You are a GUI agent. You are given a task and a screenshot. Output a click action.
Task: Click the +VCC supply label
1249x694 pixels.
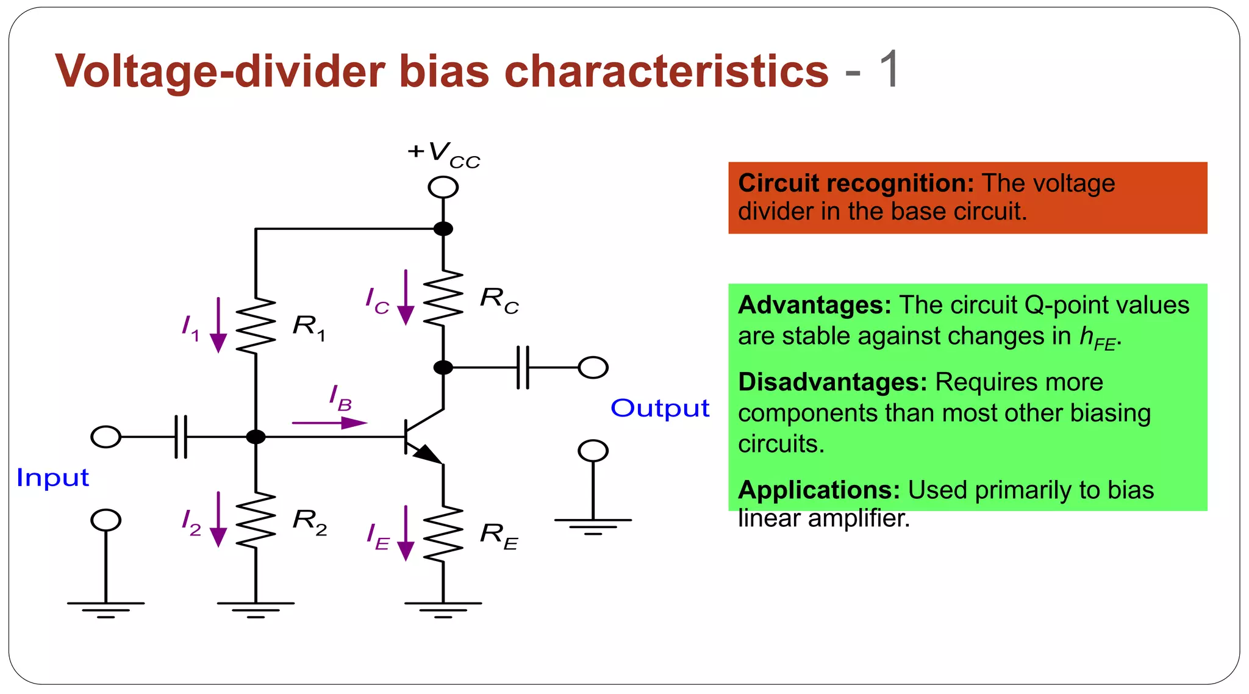[x=444, y=154]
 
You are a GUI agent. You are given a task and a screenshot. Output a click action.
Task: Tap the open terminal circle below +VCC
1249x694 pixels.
[x=443, y=187]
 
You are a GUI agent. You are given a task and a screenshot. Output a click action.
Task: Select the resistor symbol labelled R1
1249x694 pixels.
[x=256, y=326]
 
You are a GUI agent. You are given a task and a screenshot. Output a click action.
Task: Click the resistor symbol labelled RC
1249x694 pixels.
[x=443, y=298]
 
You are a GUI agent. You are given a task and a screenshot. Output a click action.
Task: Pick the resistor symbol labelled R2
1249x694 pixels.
[x=256, y=520]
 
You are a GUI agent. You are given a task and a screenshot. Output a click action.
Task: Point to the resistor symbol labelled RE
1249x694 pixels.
[x=443, y=534]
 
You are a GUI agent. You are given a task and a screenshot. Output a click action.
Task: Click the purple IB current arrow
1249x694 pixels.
[x=330, y=422]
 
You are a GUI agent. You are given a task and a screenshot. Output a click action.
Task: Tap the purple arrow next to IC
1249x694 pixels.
[x=406, y=298]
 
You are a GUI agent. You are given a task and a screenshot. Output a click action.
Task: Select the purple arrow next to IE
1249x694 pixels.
[x=406, y=533]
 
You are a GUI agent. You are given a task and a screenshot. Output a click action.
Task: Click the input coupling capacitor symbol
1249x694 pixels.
[x=181, y=437]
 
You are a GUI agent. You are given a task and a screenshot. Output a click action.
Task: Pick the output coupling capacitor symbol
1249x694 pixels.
[x=523, y=368]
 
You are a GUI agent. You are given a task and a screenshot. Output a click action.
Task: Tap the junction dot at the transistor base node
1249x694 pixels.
[x=256, y=437]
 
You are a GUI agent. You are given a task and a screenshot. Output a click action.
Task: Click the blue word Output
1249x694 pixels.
[x=660, y=408]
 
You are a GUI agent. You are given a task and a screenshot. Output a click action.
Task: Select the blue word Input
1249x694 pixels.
[x=53, y=478]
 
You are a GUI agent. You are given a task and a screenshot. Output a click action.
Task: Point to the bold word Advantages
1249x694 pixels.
[x=815, y=305]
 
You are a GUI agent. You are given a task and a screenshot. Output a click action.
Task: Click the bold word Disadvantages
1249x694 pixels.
[x=832, y=382]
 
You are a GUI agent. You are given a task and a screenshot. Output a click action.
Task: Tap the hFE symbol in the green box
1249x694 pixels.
[x=1097, y=338]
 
